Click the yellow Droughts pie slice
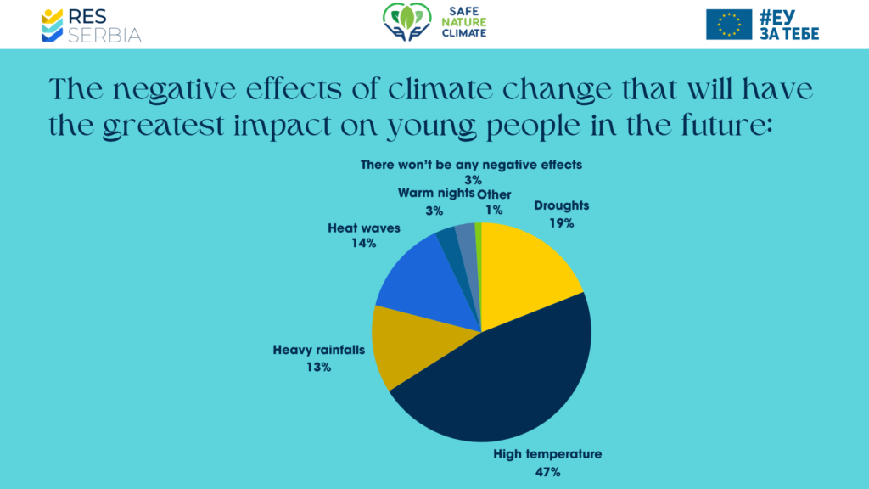[526, 272]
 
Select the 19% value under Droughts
[561, 223]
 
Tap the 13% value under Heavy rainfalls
[319, 368]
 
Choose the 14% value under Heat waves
[364, 244]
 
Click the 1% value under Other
[494, 210]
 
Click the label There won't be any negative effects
[471, 165]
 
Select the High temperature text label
[547, 454]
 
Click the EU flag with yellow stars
[729, 25]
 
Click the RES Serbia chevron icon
[53, 25]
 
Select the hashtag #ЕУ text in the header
[788, 16]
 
